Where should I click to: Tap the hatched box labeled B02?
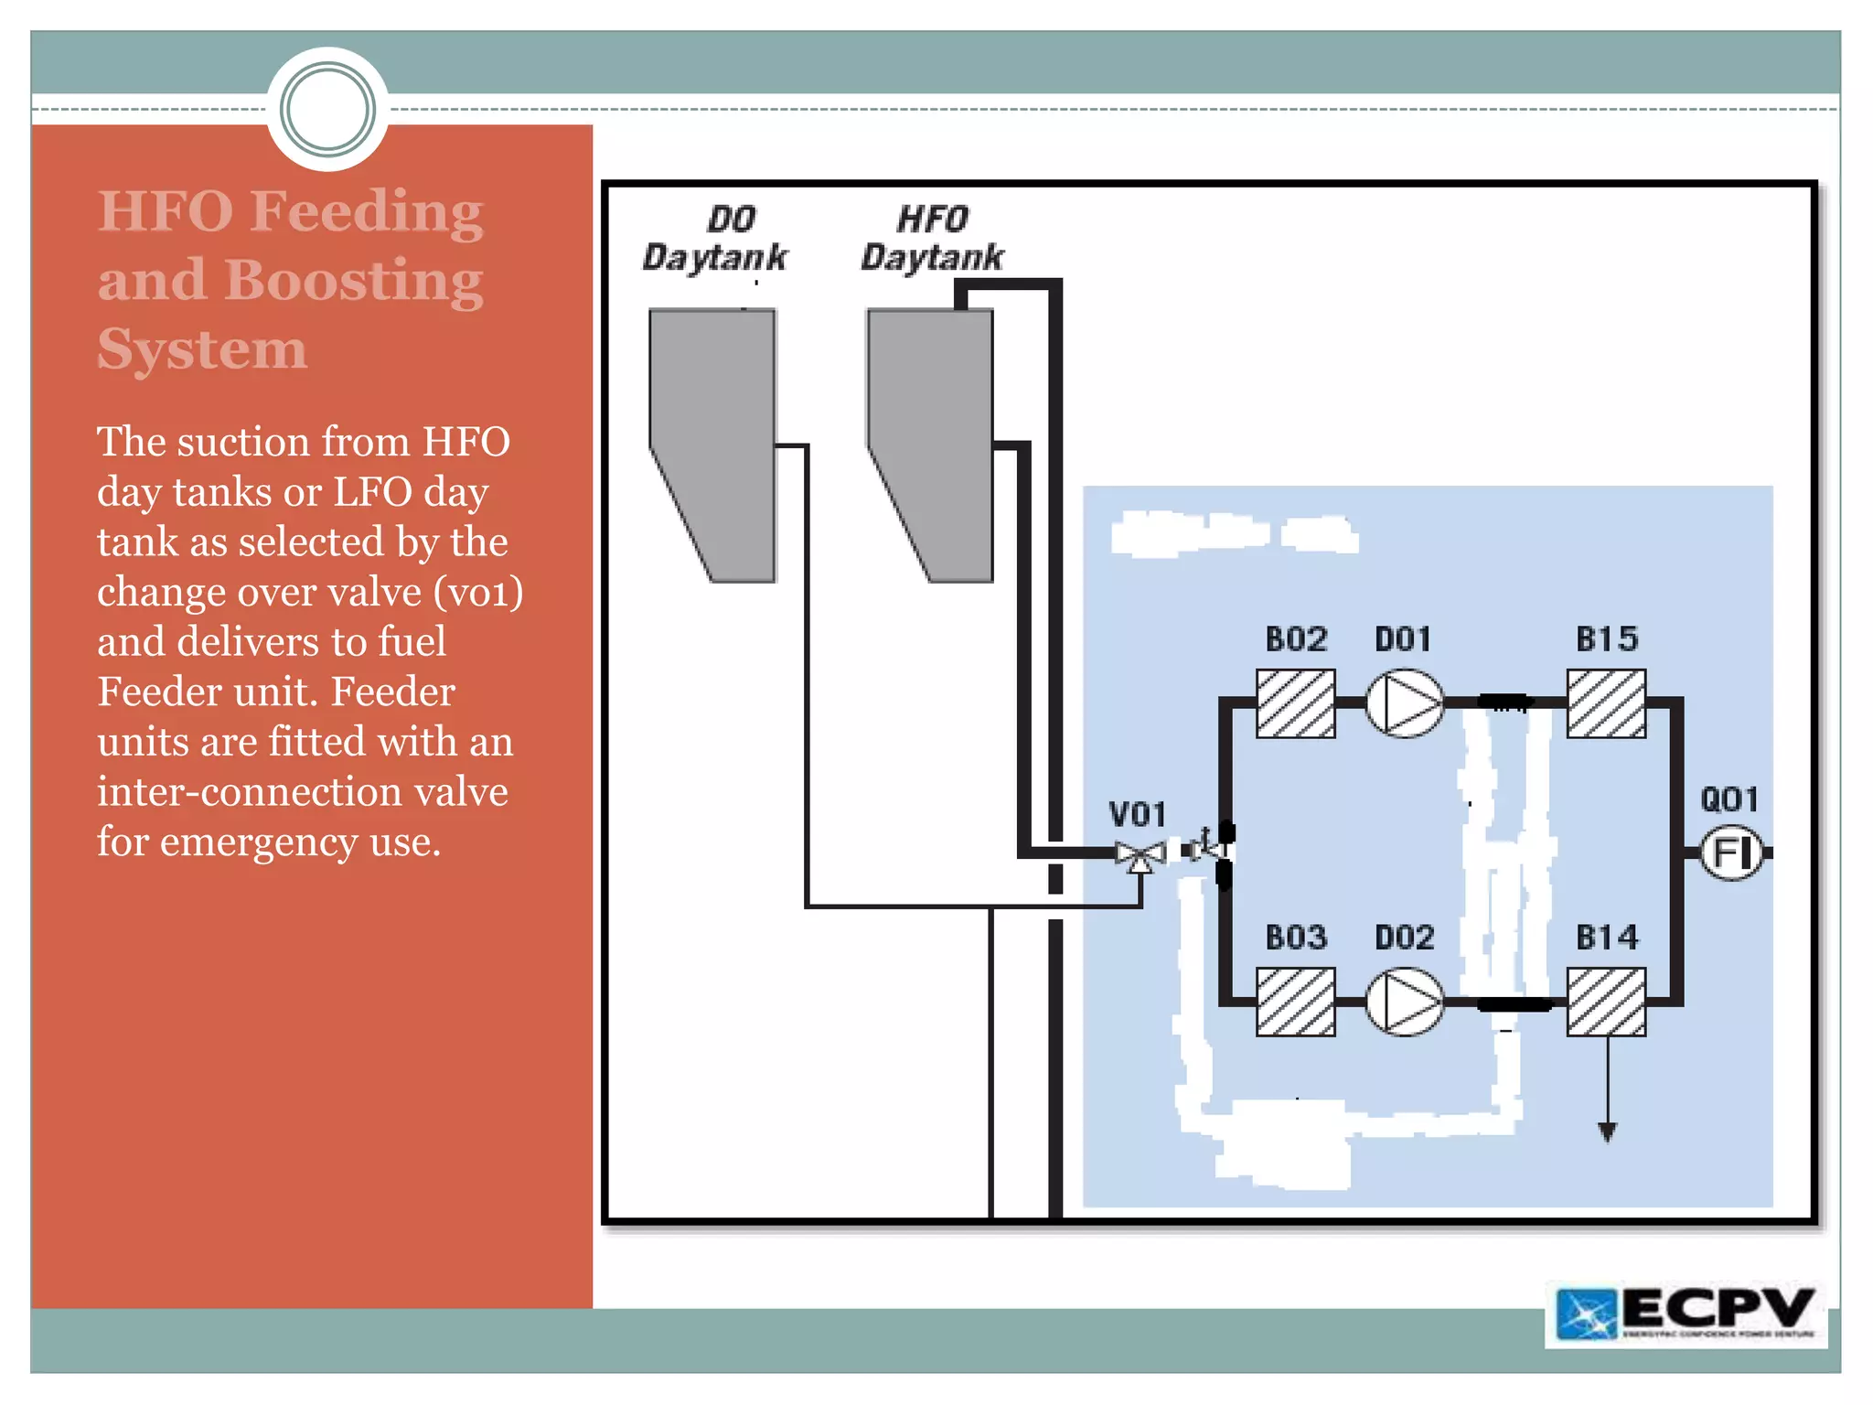tap(1295, 703)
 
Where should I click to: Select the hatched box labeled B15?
tap(1606, 703)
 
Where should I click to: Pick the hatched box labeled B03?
tap(1295, 1002)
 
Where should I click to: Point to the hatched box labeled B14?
tap(1606, 1002)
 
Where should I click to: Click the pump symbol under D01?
tap(1404, 703)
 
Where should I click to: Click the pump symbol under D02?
tap(1404, 1002)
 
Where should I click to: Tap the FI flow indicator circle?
tap(1730, 853)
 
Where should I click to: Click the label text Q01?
tap(1729, 800)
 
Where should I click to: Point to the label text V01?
tap(1137, 814)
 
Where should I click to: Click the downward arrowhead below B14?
tap(1607, 1132)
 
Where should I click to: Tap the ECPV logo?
tap(1686, 1314)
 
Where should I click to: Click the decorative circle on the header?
tap(327, 109)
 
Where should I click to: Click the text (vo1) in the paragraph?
tap(478, 592)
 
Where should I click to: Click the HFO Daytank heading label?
tap(932, 238)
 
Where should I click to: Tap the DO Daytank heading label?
tap(714, 238)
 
